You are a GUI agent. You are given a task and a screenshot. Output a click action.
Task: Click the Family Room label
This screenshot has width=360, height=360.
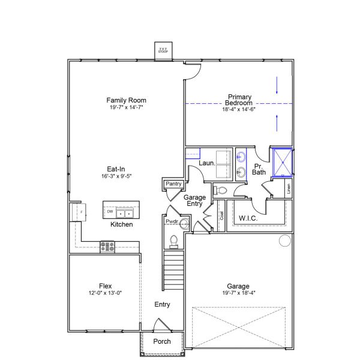(127, 100)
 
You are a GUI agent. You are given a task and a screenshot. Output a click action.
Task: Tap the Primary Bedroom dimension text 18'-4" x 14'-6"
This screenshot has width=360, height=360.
(239, 109)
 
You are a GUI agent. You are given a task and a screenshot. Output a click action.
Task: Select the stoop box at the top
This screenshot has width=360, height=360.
(164, 51)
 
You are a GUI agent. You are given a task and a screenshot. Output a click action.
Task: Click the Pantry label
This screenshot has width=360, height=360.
(173, 184)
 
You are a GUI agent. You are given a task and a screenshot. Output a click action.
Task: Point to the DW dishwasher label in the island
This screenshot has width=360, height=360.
(110, 211)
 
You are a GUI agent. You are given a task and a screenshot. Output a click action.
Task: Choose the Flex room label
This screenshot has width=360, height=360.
(106, 286)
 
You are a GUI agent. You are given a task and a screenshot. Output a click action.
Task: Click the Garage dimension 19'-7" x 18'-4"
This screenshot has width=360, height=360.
(238, 293)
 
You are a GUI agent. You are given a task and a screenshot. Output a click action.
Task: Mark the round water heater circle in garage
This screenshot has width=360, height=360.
(284, 241)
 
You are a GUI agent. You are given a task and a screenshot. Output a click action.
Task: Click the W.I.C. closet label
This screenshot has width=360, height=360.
(248, 218)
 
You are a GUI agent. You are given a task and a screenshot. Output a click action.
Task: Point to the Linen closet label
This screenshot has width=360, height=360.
(289, 188)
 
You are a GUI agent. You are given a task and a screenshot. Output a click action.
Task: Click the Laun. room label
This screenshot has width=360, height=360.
(207, 163)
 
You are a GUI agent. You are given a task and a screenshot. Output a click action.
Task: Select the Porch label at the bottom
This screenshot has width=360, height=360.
(162, 341)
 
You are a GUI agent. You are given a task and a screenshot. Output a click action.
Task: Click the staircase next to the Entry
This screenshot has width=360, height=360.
(173, 269)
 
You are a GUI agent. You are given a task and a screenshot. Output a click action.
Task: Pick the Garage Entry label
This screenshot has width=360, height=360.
(194, 200)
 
